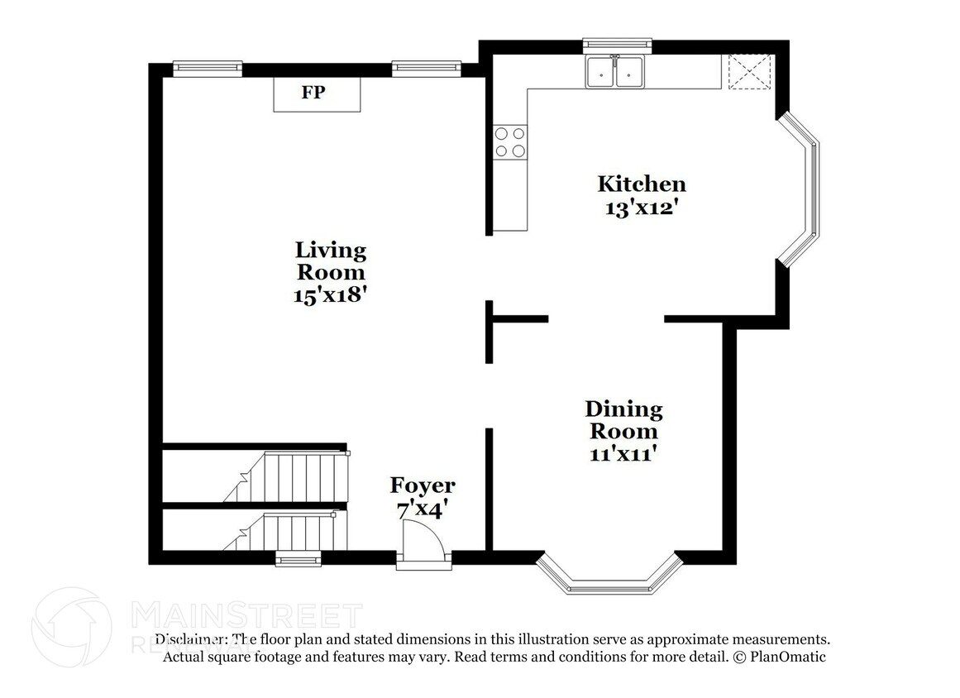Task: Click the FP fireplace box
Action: pos(318,93)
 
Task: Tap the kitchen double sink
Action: pos(614,72)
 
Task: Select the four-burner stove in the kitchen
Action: pos(509,141)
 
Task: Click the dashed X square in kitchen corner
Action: pos(749,71)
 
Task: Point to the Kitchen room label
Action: pos(642,184)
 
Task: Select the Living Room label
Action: pos(331,261)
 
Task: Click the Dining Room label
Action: pos(623,420)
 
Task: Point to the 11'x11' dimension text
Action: pos(623,454)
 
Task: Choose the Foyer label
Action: pos(423,485)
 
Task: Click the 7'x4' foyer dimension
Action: pos(423,510)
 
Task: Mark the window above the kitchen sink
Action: pos(618,44)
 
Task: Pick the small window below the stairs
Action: pos(299,560)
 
